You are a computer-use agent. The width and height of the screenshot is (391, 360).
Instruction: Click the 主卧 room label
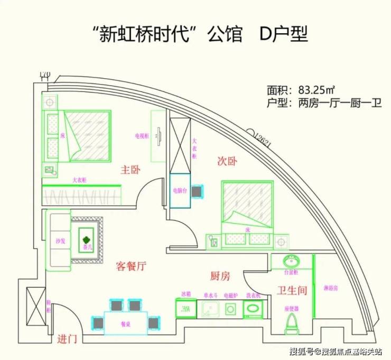tap(130, 170)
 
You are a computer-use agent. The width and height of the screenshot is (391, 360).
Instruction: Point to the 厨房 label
tap(220, 276)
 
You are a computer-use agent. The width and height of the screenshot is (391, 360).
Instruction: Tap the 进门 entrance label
tap(67, 339)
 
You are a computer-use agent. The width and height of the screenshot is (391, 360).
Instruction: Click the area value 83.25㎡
tap(317, 89)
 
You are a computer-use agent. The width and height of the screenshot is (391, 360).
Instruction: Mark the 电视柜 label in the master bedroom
tap(142, 136)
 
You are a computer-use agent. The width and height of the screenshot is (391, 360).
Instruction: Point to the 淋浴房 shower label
tap(330, 289)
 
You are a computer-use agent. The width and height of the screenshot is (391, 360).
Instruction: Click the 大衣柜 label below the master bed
tap(79, 180)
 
